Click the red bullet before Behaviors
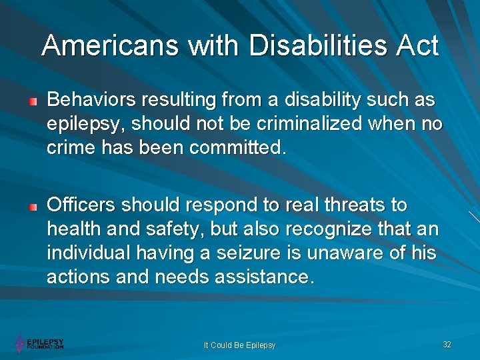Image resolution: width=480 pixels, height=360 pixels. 33,102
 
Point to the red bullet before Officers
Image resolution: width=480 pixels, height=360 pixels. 33,206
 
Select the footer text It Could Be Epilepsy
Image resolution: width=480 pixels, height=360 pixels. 239,345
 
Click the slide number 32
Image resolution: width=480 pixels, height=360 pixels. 447,344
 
